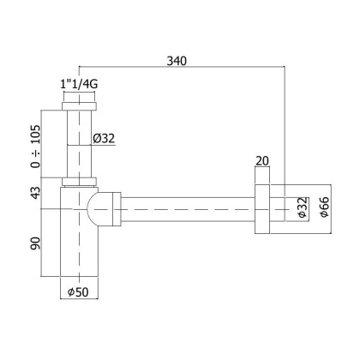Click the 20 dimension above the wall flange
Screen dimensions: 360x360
click(x=261, y=159)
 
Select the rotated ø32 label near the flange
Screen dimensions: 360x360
click(x=302, y=209)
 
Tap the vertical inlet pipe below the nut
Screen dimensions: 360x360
click(x=80, y=146)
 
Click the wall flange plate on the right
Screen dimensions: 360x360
click(x=261, y=208)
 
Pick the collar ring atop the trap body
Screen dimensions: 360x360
click(x=81, y=182)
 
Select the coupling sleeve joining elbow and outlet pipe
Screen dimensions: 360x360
click(x=117, y=208)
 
